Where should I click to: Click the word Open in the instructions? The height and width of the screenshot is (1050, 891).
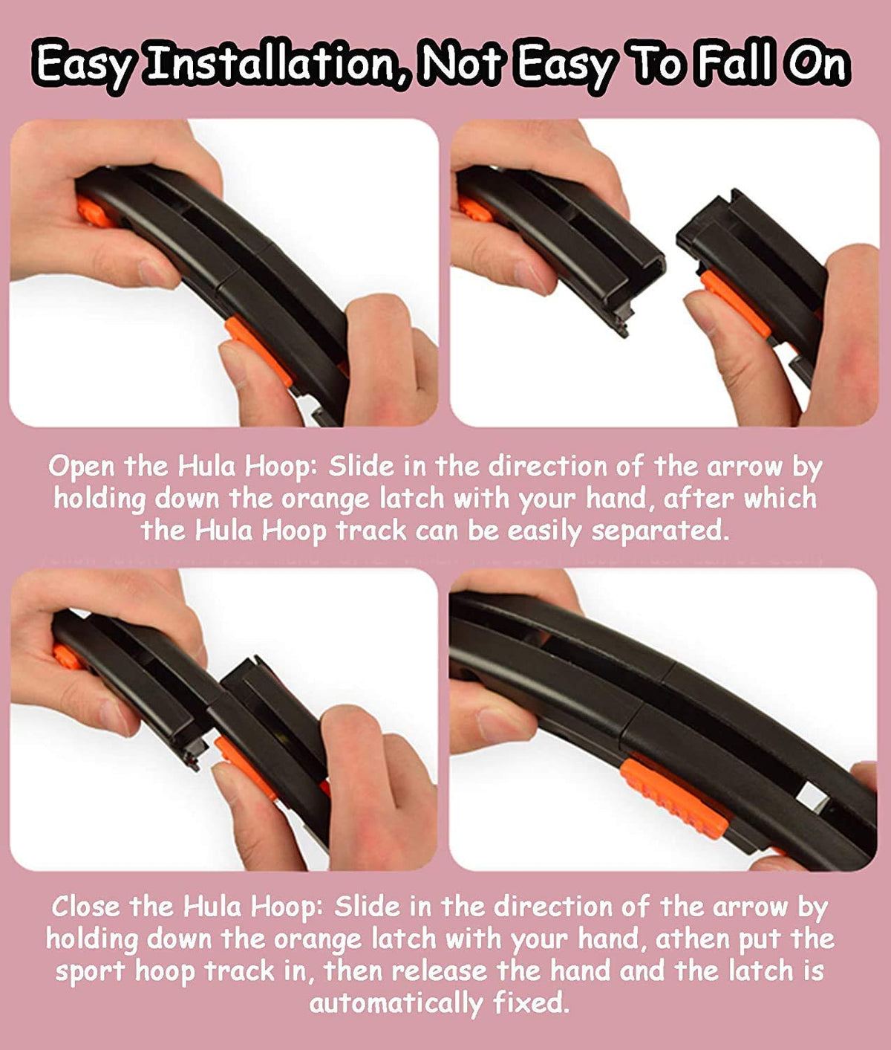[82, 467]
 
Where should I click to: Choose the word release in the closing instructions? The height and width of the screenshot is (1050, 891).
[439, 970]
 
